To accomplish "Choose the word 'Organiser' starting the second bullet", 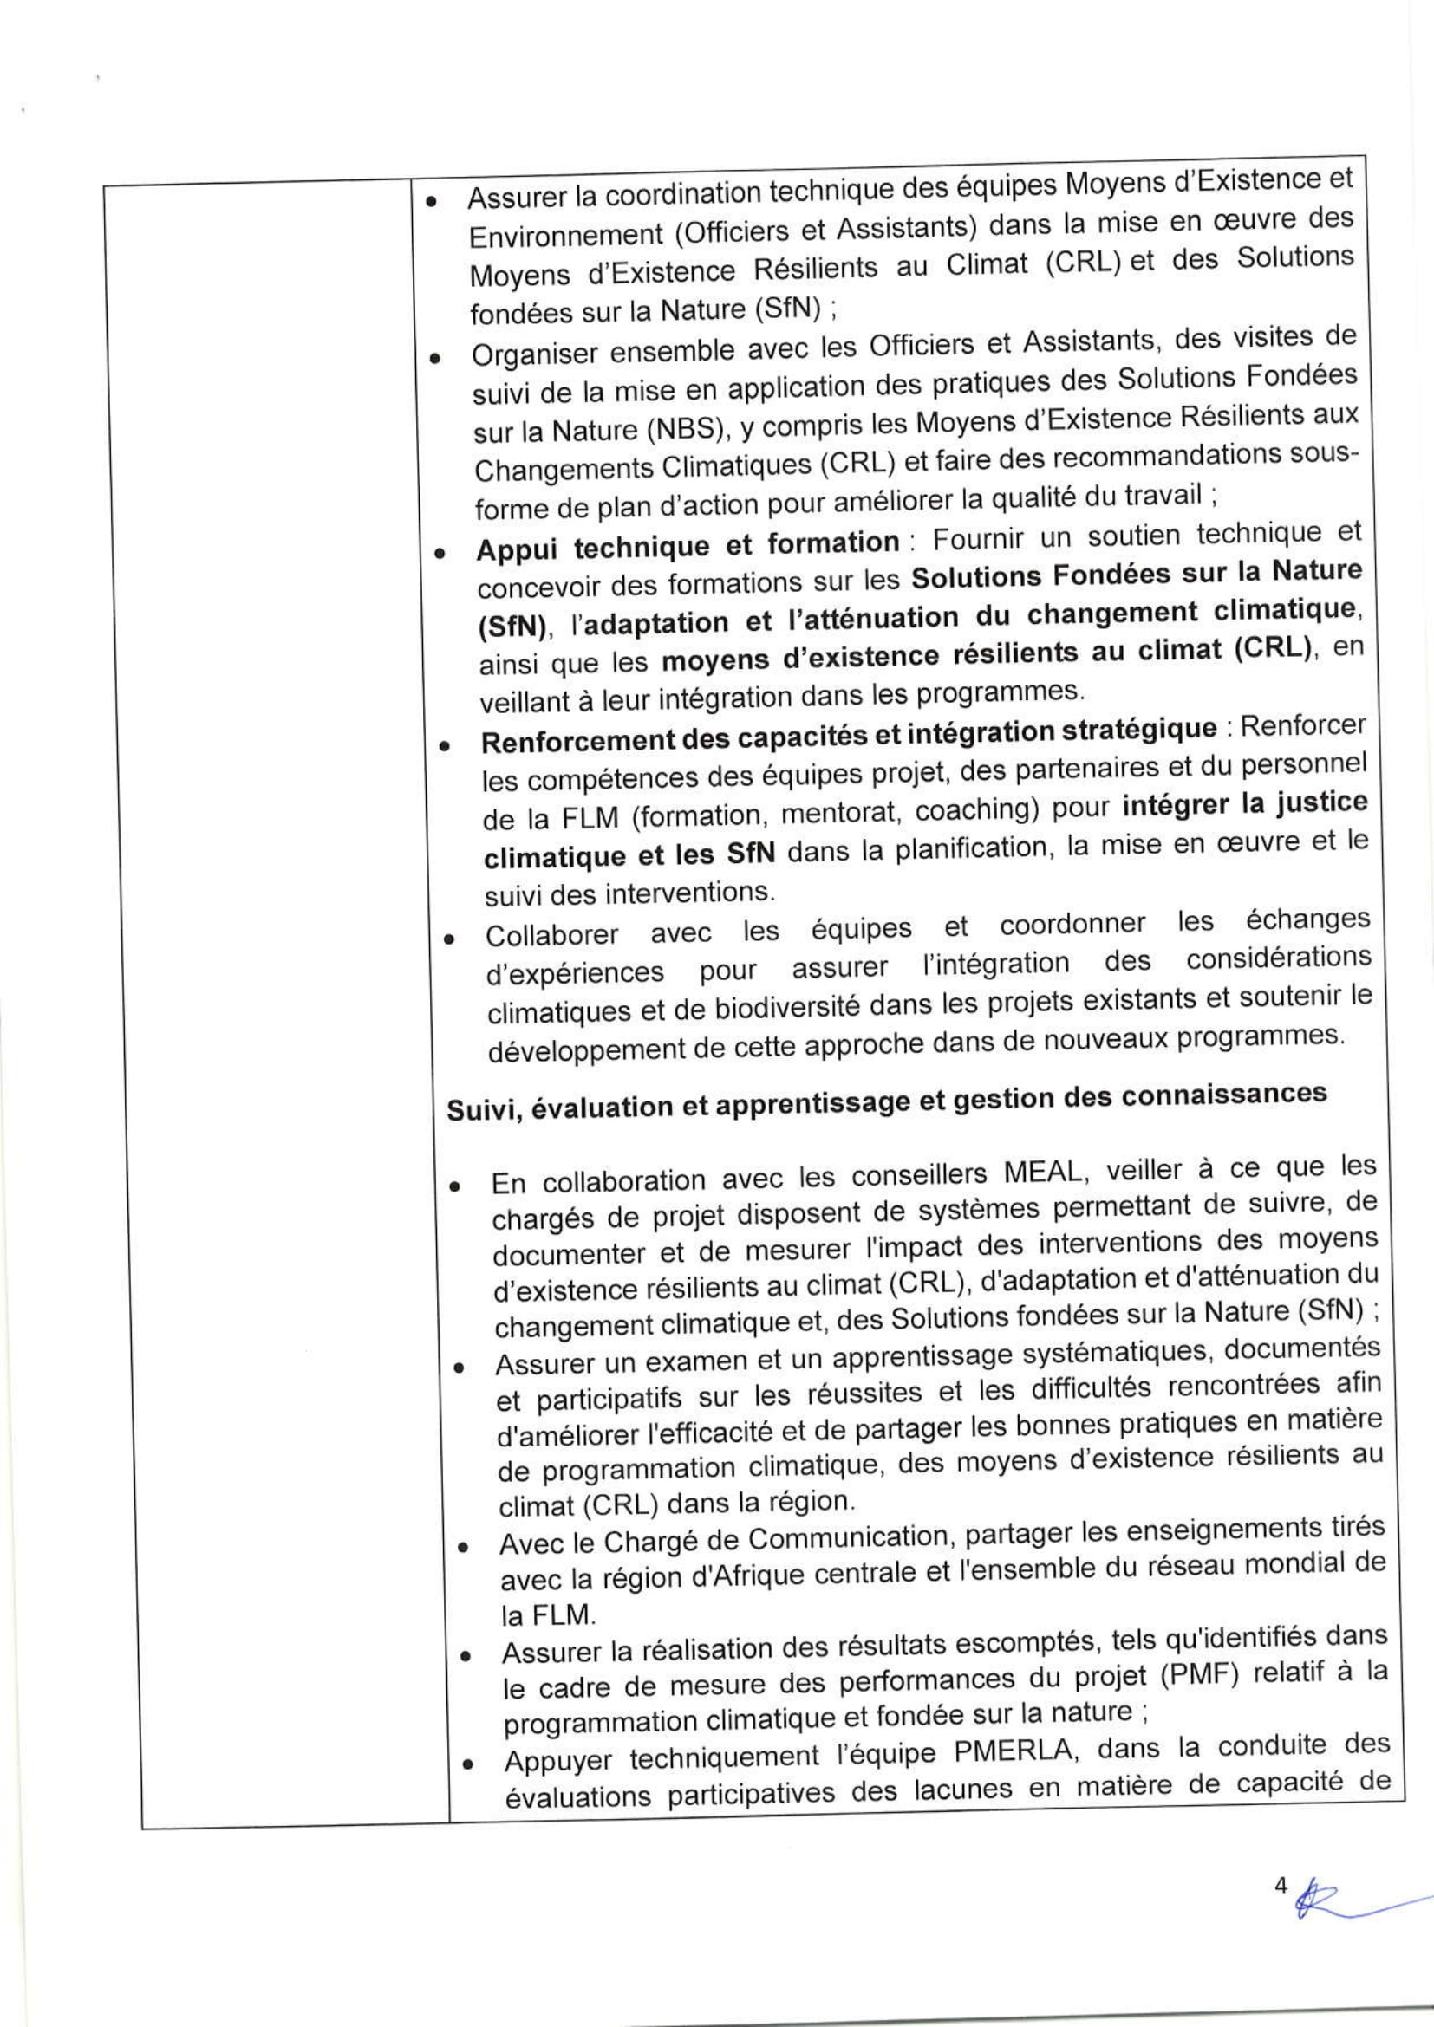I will pos(532,355).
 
